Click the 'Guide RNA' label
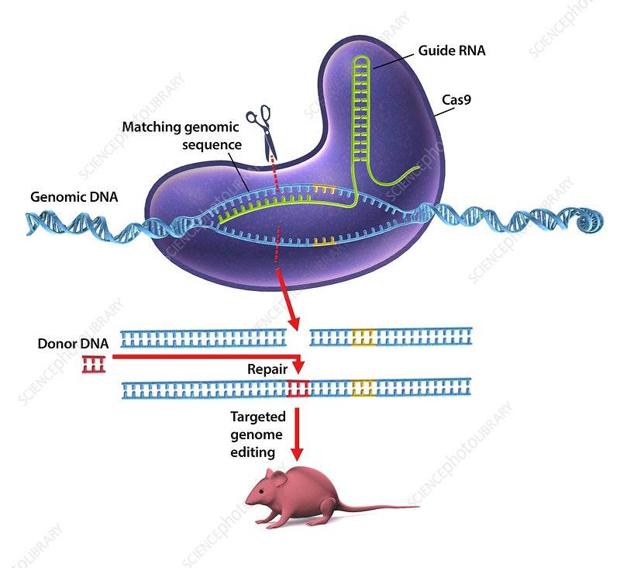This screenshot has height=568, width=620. (452, 50)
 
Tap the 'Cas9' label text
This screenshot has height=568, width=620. (456, 99)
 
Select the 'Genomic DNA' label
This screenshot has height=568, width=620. (74, 197)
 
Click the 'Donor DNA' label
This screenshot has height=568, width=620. (73, 343)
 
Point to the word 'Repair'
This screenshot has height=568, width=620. (267, 369)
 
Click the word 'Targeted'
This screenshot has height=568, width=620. (258, 417)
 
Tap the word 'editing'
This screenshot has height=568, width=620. (253, 452)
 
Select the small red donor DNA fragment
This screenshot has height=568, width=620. (94, 364)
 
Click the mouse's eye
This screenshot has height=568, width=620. (262, 492)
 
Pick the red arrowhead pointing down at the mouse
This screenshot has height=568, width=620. (297, 454)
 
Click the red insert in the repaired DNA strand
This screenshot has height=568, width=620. (298, 388)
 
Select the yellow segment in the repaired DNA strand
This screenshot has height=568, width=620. (363, 387)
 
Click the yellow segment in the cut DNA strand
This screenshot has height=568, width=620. (363, 338)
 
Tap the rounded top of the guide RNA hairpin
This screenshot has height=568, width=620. (361, 58)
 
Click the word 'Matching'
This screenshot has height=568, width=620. (151, 127)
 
